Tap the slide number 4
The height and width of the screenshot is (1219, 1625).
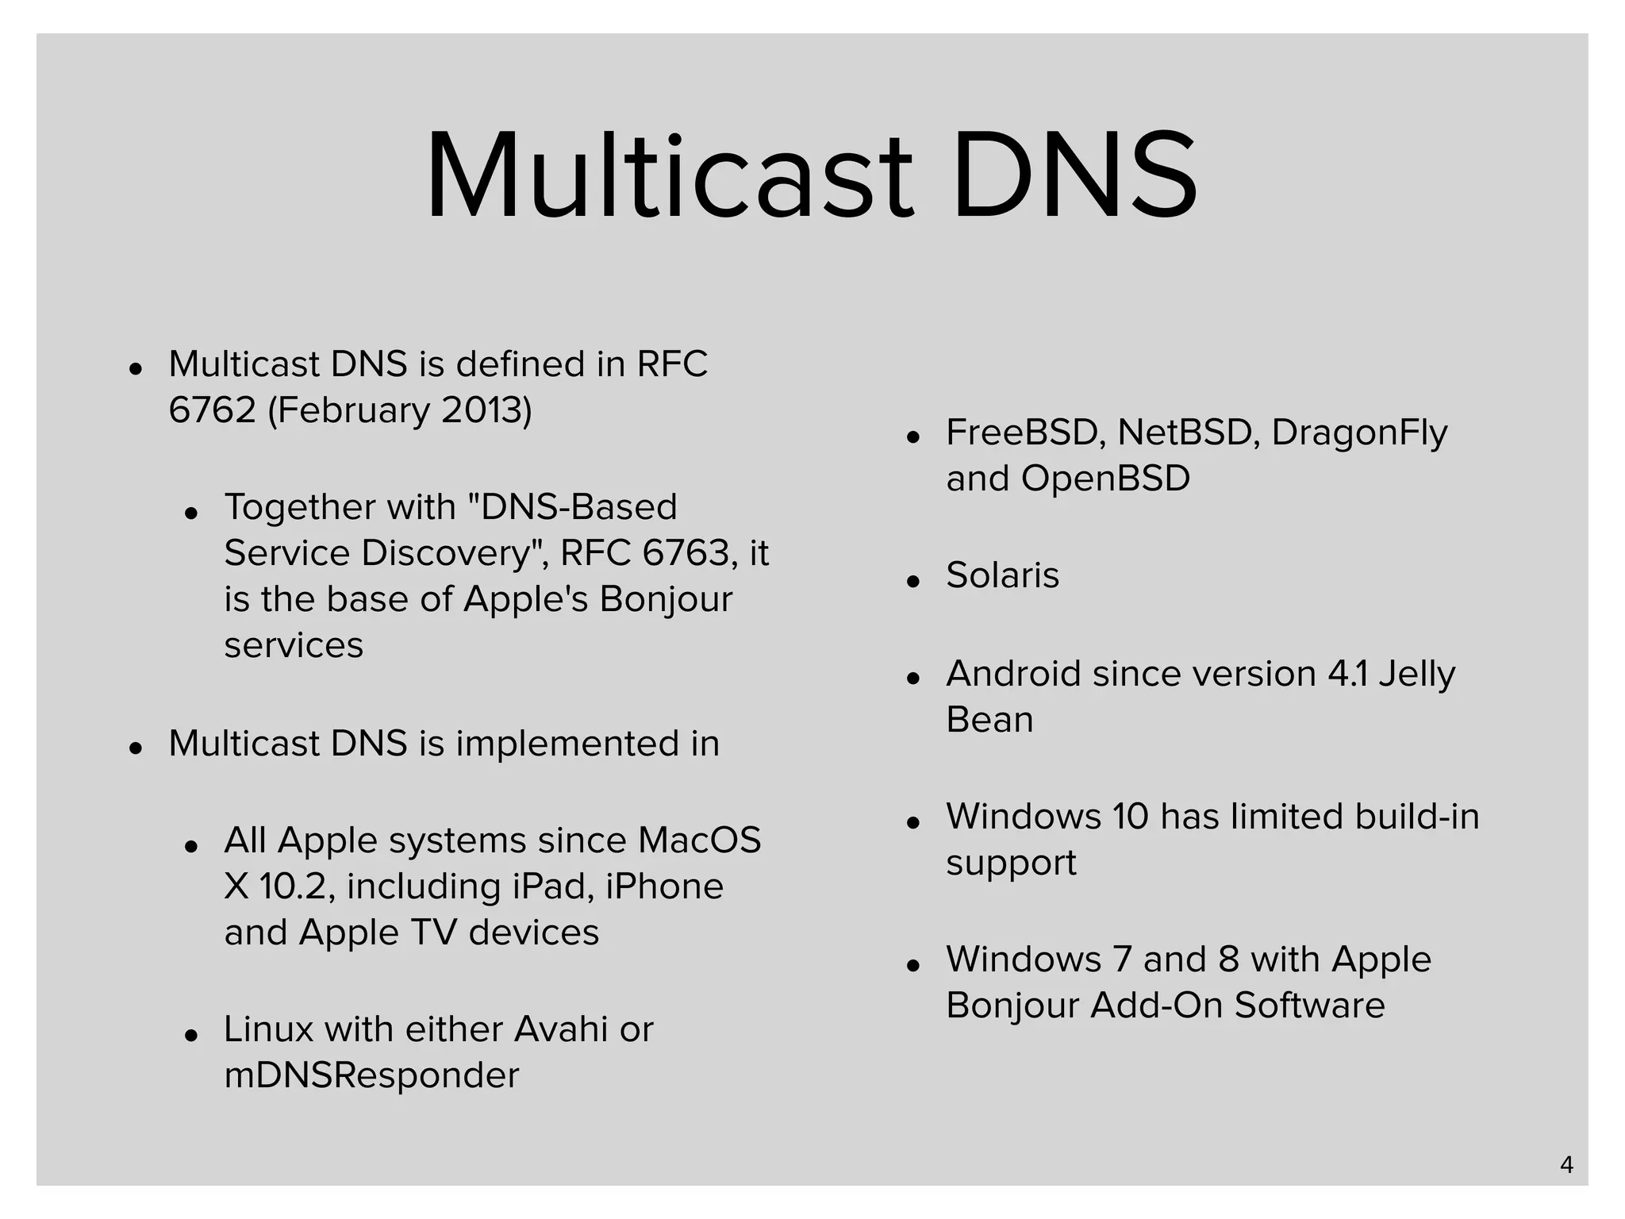click(x=1566, y=1164)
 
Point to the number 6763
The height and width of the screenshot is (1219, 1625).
click(x=686, y=553)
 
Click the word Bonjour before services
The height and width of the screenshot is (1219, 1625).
click(x=665, y=599)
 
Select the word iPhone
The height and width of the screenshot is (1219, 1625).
click(x=664, y=886)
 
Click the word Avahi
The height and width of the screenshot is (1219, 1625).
click(x=561, y=1029)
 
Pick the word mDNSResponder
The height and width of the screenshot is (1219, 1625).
click(x=371, y=1075)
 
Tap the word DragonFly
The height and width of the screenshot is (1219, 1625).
click(x=1359, y=433)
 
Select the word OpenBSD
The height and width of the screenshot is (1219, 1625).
click(x=1105, y=479)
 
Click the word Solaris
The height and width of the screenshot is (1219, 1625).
click(x=1002, y=575)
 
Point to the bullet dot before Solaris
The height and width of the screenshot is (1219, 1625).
click(x=913, y=581)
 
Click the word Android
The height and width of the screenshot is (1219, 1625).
click(x=1012, y=674)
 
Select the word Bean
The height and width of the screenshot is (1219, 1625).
click(x=989, y=720)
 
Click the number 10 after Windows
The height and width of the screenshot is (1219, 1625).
click(x=1130, y=817)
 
